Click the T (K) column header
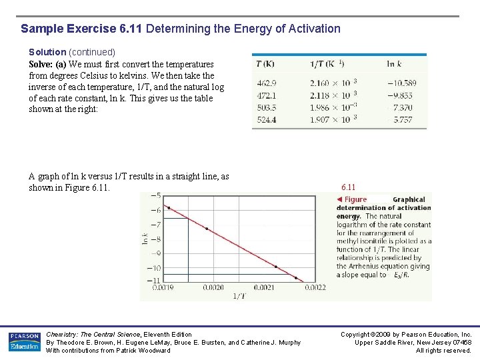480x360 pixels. (265, 64)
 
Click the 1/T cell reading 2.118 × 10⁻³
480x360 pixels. (333, 95)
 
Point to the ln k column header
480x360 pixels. (394, 64)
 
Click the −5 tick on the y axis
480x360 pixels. (155, 195)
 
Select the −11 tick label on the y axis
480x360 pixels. (153, 281)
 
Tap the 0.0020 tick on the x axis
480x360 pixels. (213, 288)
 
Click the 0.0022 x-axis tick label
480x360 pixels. (315, 288)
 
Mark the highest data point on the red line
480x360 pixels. (168, 208)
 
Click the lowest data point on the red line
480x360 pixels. (296, 277)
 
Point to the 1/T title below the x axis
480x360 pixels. (238, 296)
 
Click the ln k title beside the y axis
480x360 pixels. (145, 237)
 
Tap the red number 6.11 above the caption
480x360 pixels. (349, 188)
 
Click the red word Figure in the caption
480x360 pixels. (355, 199)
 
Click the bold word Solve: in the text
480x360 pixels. (41, 64)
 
